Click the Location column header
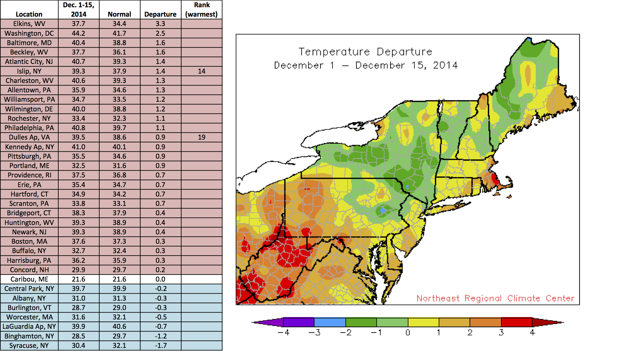click(29, 14)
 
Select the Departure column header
click(160, 14)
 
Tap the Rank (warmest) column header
click(201, 10)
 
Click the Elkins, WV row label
click(29, 24)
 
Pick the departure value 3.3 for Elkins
click(160, 24)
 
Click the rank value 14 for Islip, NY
click(201, 71)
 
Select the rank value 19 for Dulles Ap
click(201, 137)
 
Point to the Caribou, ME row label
click(29, 279)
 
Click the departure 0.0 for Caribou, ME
click(160, 279)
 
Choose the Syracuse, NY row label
click(29, 345)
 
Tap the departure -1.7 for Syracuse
click(160, 345)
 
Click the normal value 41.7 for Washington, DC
click(120, 33)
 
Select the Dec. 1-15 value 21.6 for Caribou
click(78, 279)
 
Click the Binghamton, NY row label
click(29, 336)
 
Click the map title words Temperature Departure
click(365, 52)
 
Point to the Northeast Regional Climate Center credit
click(495, 299)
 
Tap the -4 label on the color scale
click(283, 333)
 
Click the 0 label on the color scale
click(408, 333)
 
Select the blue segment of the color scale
click(330, 322)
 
